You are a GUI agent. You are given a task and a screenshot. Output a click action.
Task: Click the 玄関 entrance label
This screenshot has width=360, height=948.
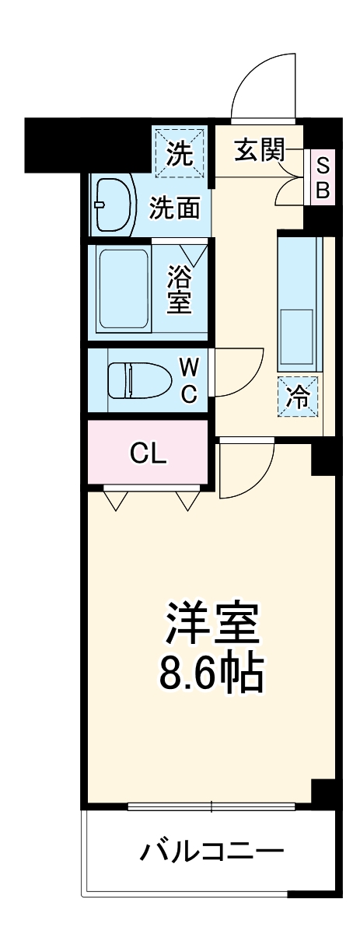(259, 151)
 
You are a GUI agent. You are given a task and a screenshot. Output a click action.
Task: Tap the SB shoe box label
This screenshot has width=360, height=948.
(323, 177)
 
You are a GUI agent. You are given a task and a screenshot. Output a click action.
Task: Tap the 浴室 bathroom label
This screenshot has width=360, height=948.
(180, 290)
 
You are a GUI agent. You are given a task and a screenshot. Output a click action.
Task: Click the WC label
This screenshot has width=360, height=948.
(189, 380)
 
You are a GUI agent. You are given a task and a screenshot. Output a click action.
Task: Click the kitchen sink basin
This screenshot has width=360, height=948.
(296, 334)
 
